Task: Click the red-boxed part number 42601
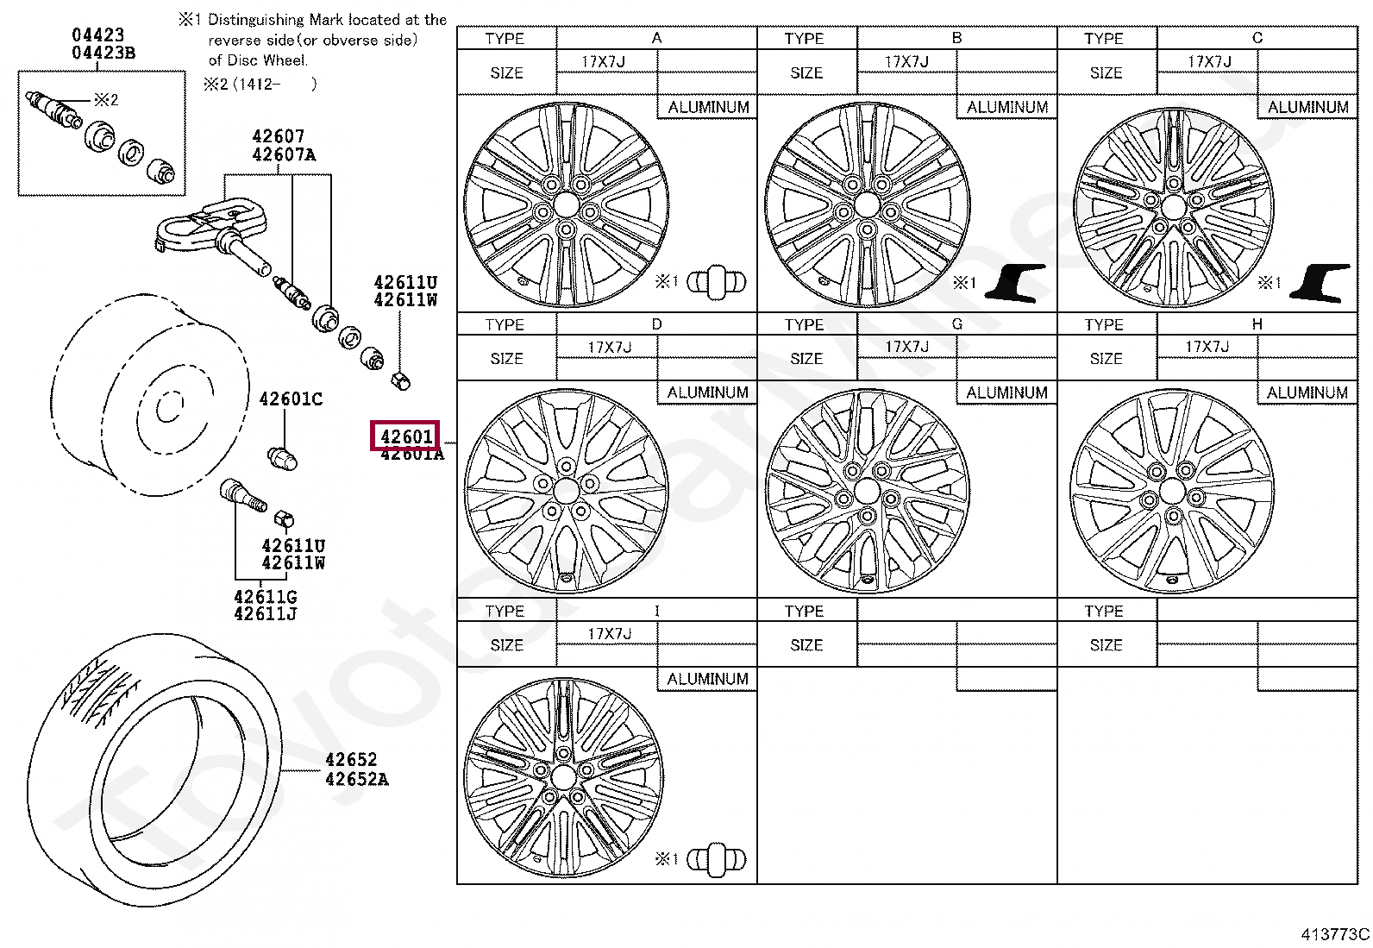point(405,436)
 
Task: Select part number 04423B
point(103,53)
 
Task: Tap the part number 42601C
point(291,399)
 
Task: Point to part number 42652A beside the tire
point(356,779)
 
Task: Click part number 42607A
point(284,154)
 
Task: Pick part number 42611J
point(265,614)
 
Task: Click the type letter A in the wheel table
point(656,38)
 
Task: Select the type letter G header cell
point(956,324)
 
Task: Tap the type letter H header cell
point(1257,324)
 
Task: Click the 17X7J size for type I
point(610,634)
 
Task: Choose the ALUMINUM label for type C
point(1307,107)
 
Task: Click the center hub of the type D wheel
point(567,491)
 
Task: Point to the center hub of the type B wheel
point(867,205)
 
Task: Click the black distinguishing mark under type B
point(1015,282)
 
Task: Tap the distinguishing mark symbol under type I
point(716,859)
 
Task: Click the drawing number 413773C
point(1334,933)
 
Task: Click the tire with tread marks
point(155,768)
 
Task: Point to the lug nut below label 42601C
point(283,458)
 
